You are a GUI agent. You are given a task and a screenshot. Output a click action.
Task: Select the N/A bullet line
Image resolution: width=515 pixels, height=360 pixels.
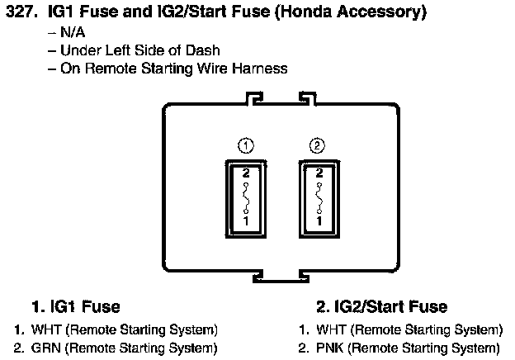pyautogui.click(x=71, y=33)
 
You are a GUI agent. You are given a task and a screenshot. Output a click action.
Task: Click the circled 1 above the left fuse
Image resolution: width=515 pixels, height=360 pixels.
pyautogui.click(x=244, y=146)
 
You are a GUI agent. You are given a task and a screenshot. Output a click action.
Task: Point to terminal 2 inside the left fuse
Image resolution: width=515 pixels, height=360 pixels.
pyautogui.click(x=244, y=174)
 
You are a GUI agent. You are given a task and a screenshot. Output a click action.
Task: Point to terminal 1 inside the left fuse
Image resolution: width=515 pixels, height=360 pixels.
pyautogui.click(x=244, y=221)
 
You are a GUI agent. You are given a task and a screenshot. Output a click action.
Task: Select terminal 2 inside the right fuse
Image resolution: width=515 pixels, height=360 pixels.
pyautogui.click(x=319, y=174)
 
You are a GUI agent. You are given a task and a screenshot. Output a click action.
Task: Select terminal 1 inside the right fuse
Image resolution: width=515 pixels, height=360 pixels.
pyautogui.click(x=319, y=221)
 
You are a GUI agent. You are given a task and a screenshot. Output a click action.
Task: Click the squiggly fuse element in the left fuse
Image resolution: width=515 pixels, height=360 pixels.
pyautogui.click(x=244, y=197)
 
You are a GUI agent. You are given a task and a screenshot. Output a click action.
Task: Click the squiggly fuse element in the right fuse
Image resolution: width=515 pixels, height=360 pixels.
pyautogui.click(x=319, y=197)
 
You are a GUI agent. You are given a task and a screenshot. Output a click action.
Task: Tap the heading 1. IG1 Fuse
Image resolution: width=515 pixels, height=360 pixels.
pyautogui.click(x=76, y=307)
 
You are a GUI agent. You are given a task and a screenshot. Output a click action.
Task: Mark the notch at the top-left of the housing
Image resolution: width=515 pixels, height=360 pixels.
pyautogui.click(x=256, y=99)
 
